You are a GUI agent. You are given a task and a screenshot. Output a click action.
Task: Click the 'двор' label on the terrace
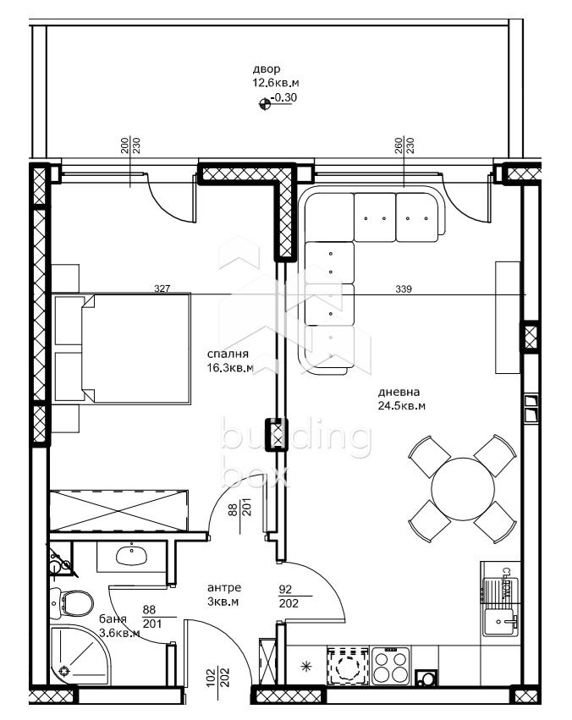pos(265,69)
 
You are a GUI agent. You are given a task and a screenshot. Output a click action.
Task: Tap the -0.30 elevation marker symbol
pos(265,104)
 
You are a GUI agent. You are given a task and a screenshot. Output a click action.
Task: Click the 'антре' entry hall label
pos(224,587)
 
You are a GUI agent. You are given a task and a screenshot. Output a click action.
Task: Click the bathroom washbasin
pos(131,556)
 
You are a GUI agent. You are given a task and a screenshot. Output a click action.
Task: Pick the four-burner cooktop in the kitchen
pos(391,665)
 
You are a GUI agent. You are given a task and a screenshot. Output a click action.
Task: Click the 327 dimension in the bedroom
pos(162,289)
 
